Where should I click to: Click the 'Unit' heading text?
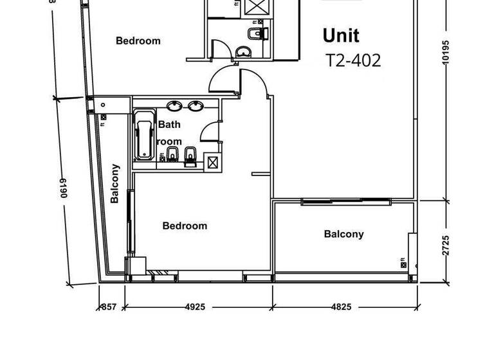(341, 35)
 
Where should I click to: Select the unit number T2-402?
(353, 60)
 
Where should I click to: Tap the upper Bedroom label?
(138, 40)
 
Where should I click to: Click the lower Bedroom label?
(185, 226)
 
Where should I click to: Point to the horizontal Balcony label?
(343, 234)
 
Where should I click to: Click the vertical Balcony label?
(115, 183)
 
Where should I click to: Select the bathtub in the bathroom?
(144, 136)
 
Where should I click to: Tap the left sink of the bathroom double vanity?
(174, 106)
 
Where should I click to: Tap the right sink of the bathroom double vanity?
(194, 106)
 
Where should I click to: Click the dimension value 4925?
(195, 307)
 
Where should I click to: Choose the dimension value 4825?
(342, 307)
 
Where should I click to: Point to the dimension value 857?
(109, 307)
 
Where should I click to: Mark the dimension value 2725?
(446, 246)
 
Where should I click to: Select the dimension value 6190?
(64, 188)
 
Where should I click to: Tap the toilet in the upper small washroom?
(258, 32)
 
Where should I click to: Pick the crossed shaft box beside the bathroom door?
(212, 162)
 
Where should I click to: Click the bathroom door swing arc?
(209, 132)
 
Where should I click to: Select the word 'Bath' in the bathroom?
(169, 125)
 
